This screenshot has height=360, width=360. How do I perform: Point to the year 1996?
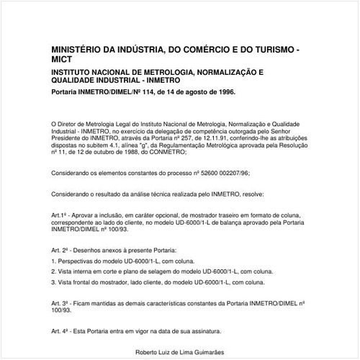pyautogui.click(x=225, y=93)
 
